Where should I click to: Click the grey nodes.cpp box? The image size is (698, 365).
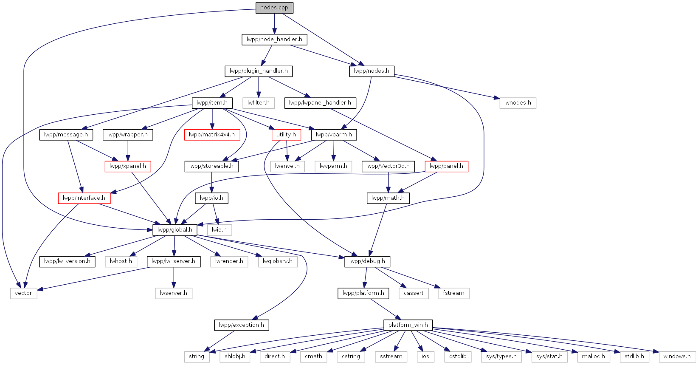coord(274,8)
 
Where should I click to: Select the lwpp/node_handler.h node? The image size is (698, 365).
coord(274,40)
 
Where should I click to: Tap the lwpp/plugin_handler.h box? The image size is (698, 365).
coord(259,71)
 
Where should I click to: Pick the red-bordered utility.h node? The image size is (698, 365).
coord(286,135)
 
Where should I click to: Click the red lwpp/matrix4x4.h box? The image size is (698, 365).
coord(212,135)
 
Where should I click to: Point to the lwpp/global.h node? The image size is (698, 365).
coord(175,230)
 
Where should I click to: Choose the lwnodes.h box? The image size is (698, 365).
coord(518,103)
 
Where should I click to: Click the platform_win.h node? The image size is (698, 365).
coord(408,325)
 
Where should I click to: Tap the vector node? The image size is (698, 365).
coord(23,293)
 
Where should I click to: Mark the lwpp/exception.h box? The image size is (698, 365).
coord(242,325)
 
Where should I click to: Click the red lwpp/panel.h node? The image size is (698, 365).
coord(446,166)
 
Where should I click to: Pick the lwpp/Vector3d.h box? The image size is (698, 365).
coord(388,166)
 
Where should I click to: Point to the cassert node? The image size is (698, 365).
coord(414,293)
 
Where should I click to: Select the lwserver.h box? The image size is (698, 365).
coord(174,293)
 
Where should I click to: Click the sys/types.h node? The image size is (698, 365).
coord(501,357)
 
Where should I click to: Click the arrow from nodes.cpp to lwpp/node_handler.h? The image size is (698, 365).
coord(275,24)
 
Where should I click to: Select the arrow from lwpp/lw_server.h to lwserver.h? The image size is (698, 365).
coord(174,277)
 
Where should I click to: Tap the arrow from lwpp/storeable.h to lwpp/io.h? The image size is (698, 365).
coord(211,182)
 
